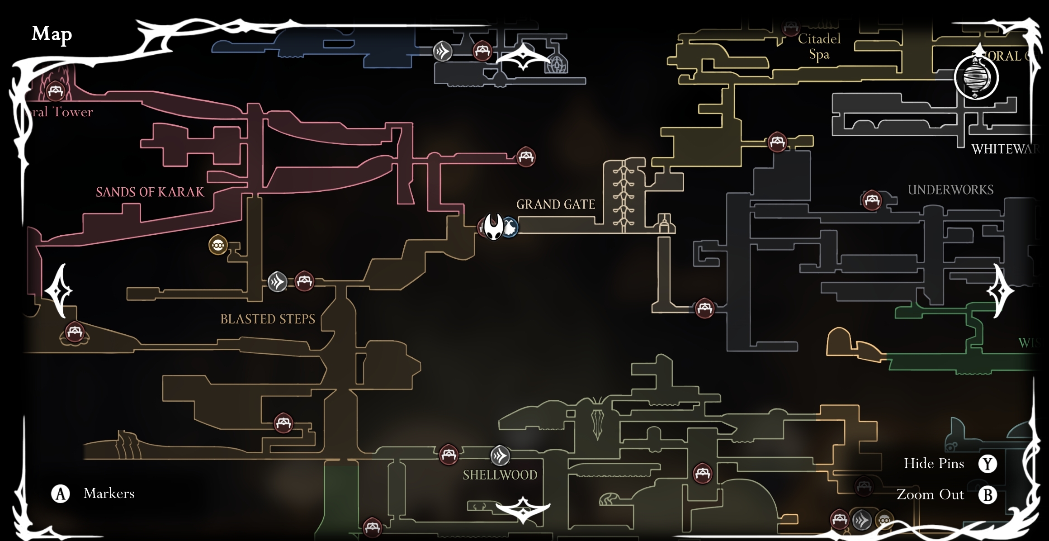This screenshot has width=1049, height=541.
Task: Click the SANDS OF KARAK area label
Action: pyautogui.click(x=150, y=192)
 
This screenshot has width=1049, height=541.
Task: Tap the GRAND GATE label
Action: pyautogui.click(x=555, y=204)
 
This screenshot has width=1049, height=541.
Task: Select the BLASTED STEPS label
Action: pyautogui.click(x=267, y=319)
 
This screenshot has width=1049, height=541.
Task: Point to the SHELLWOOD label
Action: pyautogui.click(x=500, y=475)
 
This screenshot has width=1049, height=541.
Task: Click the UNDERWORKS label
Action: pyautogui.click(x=950, y=190)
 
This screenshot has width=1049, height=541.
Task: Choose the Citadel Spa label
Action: pyautogui.click(x=819, y=47)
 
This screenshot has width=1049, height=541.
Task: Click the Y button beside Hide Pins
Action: pyautogui.click(x=988, y=464)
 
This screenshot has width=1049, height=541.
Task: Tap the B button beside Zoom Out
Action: pyautogui.click(x=988, y=495)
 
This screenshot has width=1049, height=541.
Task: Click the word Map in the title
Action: pyautogui.click(x=52, y=34)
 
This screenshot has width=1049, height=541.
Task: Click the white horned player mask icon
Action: pyautogui.click(x=493, y=226)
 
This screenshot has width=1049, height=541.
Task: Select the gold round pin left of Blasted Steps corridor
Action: pyautogui.click(x=218, y=245)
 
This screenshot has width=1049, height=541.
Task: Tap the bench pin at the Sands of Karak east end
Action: pyautogui.click(x=525, y=157)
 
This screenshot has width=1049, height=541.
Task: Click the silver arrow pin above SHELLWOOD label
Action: pyautogui.click(x=500, y=456)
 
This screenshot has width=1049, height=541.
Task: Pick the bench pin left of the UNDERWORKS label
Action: pyautogui.click(x=872, y=200)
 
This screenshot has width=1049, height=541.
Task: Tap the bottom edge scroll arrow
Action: pyautogui.click(x=523, y=510)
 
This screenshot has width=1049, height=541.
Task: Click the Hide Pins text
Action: pyautogui.click(x=934, y=464)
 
